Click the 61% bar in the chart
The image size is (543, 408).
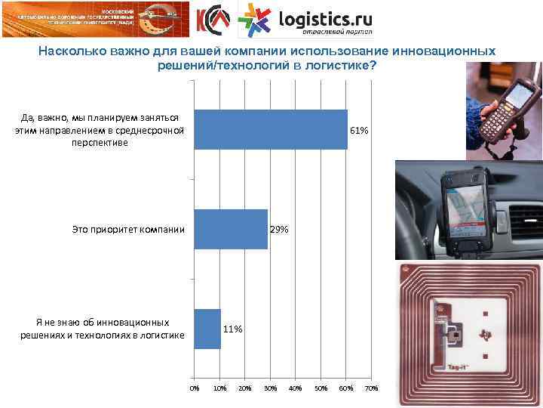pos(271,130)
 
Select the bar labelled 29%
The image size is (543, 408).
pos(231,229)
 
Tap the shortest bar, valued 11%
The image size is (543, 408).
pos(207,329)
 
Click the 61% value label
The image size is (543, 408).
pos(359,131)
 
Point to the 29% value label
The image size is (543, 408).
pos(279,229)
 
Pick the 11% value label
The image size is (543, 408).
pos(232,329)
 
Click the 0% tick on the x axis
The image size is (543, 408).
pos(195,388)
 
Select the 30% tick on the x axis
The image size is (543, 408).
pos(269,388)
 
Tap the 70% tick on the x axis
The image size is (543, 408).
pos(370,388)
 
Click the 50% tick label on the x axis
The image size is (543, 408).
pos(320,388)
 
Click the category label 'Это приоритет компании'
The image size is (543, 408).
pos(128,229)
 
